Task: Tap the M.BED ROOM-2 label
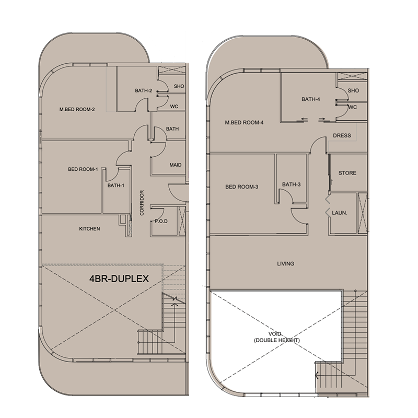[x=77, y=109]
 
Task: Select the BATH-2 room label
[x=143, y=91]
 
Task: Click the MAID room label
[x=176, y=165]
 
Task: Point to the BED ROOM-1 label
[x=83, y=169]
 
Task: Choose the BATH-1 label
[x=115, y=185]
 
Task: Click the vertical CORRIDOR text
[x=142, y=203]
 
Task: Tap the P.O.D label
[x=160, y=222]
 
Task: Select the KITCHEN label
[x=89, y=229]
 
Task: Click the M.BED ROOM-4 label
[x=244, y=123]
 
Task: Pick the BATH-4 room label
[x=310, y=99]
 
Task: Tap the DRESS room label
[x=342, y=136]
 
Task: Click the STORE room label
[x=347, y=173]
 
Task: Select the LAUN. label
[x=341, y=213]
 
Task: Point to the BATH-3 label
[x=291, y=184]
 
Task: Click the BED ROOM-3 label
[x=242, y=187]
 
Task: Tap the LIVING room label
[x=285, y=264]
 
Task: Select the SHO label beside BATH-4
[x=353, y=90]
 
